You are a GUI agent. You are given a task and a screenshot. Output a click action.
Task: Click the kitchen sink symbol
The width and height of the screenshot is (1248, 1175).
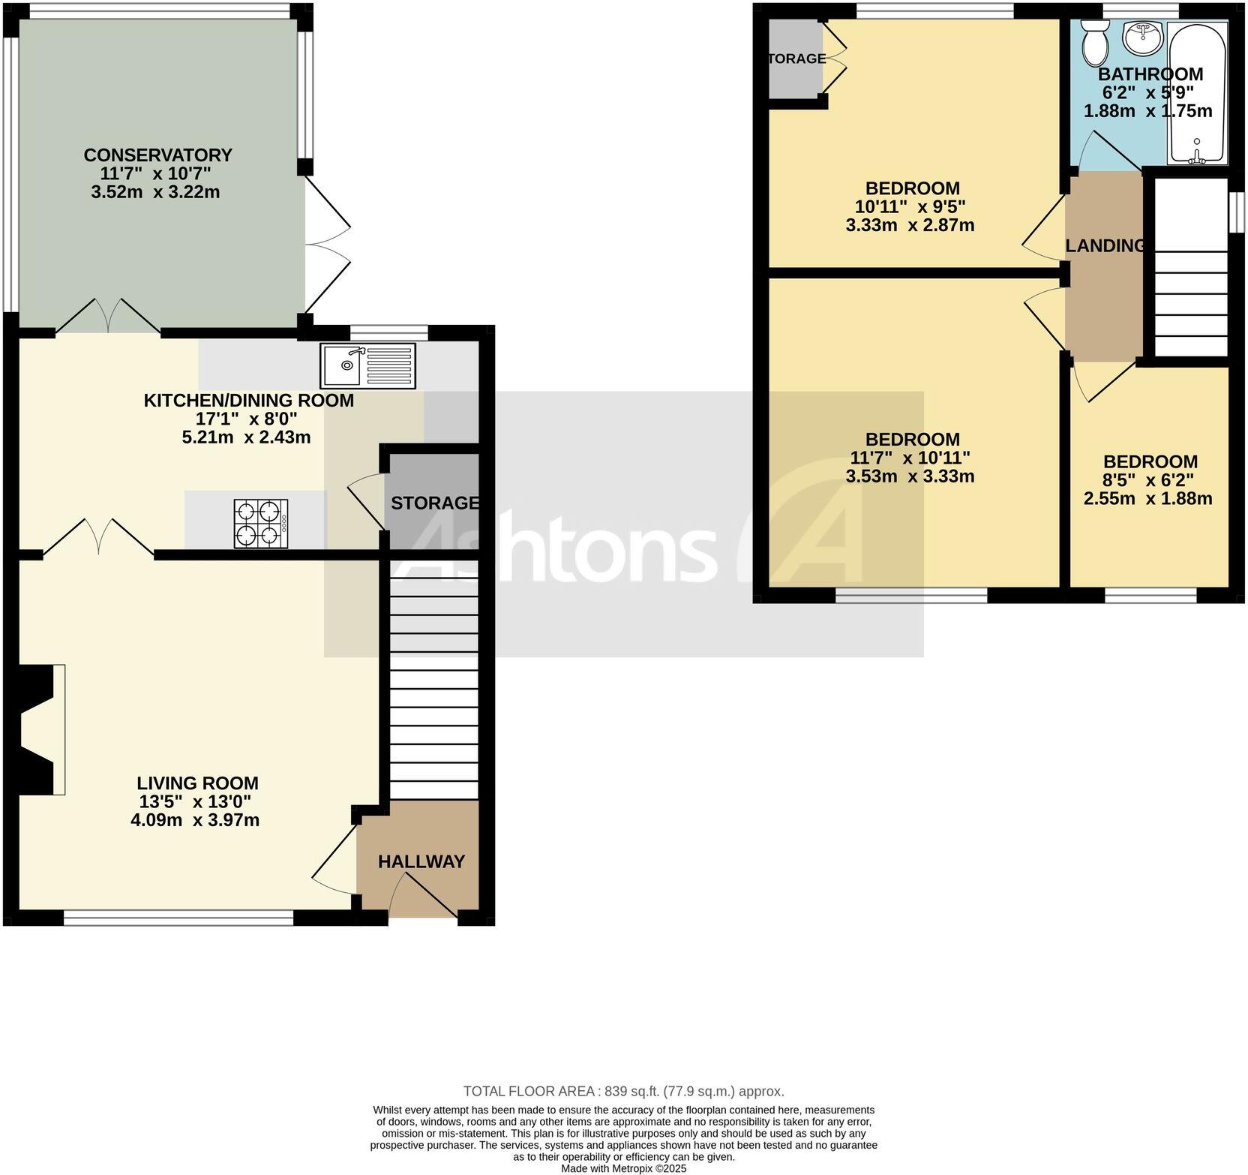point(367,365)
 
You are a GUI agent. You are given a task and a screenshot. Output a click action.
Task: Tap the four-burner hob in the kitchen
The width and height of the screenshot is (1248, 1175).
point(260,523)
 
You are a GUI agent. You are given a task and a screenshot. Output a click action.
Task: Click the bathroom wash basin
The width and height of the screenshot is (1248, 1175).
point(1142,37)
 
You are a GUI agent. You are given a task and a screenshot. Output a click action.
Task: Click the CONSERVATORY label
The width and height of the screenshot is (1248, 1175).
point(157,155)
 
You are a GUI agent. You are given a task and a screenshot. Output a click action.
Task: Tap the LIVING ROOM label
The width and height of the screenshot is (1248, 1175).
point(198,784)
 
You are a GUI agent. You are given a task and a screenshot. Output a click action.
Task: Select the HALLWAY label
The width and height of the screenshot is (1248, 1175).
point(421,861)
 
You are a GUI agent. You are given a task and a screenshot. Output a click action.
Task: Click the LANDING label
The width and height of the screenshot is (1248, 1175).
point(1105,246)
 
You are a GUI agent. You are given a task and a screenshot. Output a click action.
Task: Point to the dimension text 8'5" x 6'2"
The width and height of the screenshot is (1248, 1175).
point(1148,480)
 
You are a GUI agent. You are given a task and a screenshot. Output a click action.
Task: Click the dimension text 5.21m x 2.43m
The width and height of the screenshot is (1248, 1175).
point(246,437)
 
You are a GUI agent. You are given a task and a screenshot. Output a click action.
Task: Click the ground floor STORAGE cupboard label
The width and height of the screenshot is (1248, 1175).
point(434,503)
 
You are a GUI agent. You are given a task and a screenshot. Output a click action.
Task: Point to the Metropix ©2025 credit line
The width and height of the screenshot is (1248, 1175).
point(623,1168)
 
